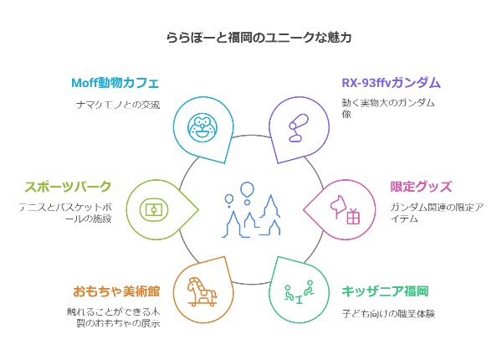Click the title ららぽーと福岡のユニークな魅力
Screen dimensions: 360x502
[251, 38]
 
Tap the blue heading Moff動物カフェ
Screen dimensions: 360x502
[114, 83]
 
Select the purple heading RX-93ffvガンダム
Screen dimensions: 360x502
[391, 83]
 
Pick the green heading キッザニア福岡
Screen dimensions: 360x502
[385, 291]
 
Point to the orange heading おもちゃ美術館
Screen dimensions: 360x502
[115, 291]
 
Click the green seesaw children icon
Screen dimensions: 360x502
[298, 292]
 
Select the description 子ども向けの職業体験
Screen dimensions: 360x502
[388, 313]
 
